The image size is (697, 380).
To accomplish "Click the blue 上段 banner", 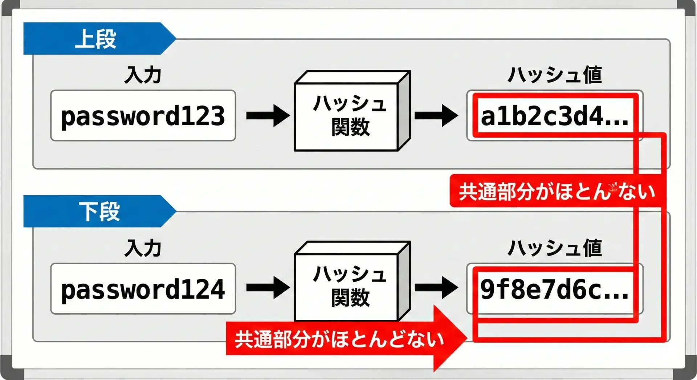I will [95, 38].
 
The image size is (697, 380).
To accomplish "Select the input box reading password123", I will [143, 116].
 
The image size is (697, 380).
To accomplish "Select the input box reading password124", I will [143, 289].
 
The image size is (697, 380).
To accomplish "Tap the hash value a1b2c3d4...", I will [554, 116].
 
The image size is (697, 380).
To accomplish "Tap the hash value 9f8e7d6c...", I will [554, 290].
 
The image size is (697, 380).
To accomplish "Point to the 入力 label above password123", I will [143, 75].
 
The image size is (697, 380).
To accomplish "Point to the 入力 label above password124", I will [143, 248].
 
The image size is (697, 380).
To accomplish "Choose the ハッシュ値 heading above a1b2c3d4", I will [554, 75].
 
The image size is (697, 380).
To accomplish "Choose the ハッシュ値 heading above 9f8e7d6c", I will [554, 248].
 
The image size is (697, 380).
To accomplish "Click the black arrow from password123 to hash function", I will [268, 116].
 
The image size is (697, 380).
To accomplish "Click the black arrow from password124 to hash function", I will [268, 288].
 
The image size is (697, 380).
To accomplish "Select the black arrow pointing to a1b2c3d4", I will [436, 116].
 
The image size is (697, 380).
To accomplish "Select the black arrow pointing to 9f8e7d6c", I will [436, 288].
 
